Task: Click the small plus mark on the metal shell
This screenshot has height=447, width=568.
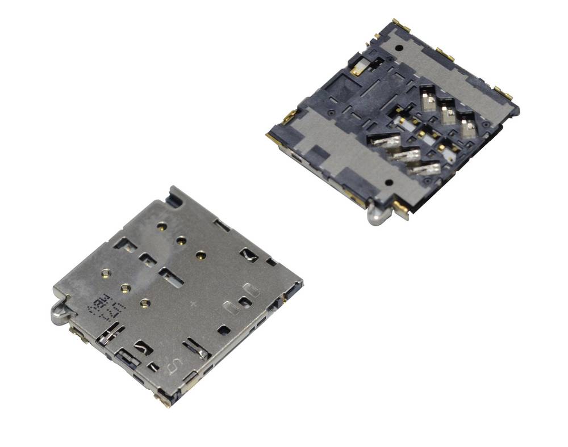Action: (x=193, y=305)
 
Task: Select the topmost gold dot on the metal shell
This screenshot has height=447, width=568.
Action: (x=162, y=227)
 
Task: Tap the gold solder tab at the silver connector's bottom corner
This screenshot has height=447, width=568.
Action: (x=165, y=402)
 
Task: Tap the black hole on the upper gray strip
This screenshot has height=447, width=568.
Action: (x=400, y=48)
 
